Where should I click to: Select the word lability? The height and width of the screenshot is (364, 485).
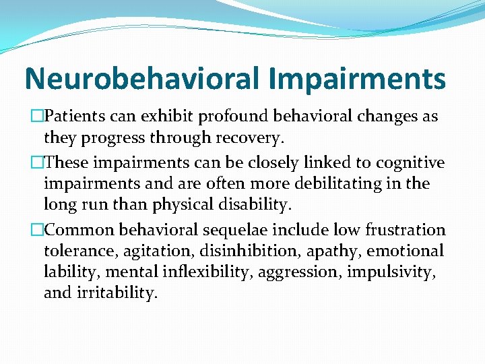69,273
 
